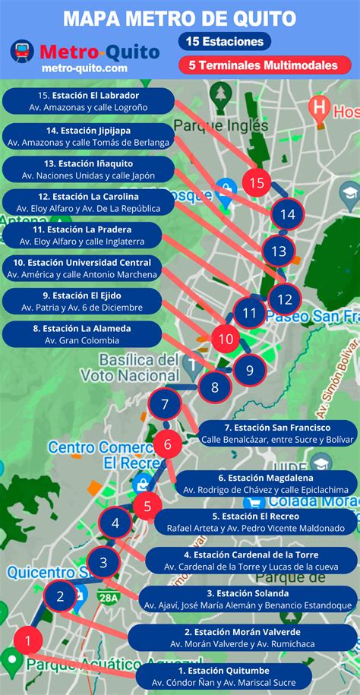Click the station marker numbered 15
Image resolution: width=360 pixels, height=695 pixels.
coord(257,182)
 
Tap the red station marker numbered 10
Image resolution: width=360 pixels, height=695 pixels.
coord(225,339)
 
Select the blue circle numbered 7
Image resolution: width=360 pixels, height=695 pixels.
coord(165,405)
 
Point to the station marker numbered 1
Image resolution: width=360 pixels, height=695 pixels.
coord(28,640)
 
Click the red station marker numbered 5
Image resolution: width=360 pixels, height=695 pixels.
coord(147,504)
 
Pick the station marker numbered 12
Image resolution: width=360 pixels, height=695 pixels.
coord(285,299)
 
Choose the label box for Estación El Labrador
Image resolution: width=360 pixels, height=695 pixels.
coord(88,101)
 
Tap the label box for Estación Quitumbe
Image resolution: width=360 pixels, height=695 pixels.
coord(224,678)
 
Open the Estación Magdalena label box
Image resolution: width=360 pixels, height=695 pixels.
coord(266,484)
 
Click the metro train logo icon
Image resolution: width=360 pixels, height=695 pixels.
coord(22,51)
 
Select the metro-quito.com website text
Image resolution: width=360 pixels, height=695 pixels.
coord(85,68)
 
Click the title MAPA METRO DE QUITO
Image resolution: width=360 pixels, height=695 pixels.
coord(180,17)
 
